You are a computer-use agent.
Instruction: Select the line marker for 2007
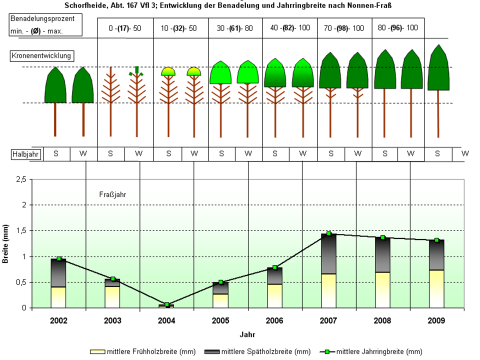click(328, 233)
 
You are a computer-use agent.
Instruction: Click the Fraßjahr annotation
click(111, 194)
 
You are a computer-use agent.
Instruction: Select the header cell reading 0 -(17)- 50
click(125, 28)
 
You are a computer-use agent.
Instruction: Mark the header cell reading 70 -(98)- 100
click(344, 28)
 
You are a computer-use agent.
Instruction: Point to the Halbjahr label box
click(25, 154)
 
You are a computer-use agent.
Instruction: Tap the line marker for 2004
click(167, 304)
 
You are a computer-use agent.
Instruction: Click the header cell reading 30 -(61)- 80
click(234, 28)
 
